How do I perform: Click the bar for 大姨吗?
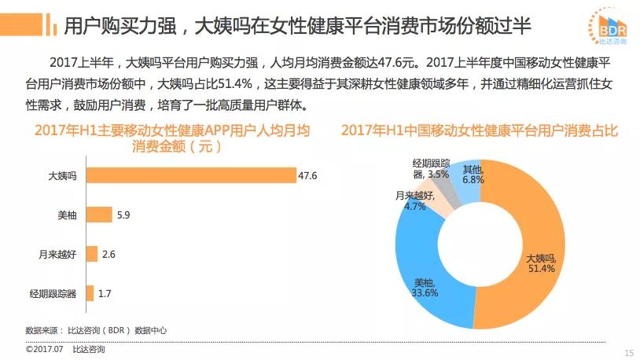pos(190,175)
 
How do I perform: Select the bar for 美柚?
pos(98,214)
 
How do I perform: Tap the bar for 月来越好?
pos(91,253)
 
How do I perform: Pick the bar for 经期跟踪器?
pos(89,293)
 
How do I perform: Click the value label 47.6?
pos(307,175)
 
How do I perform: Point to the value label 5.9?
pos(124,214)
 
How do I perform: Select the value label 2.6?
pos(109,253)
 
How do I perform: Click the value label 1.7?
pos(105,293)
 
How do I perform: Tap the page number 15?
pos(628,351)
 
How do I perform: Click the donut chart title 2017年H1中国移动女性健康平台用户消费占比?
pos(480,131)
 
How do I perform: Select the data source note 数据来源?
pos(96,330)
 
